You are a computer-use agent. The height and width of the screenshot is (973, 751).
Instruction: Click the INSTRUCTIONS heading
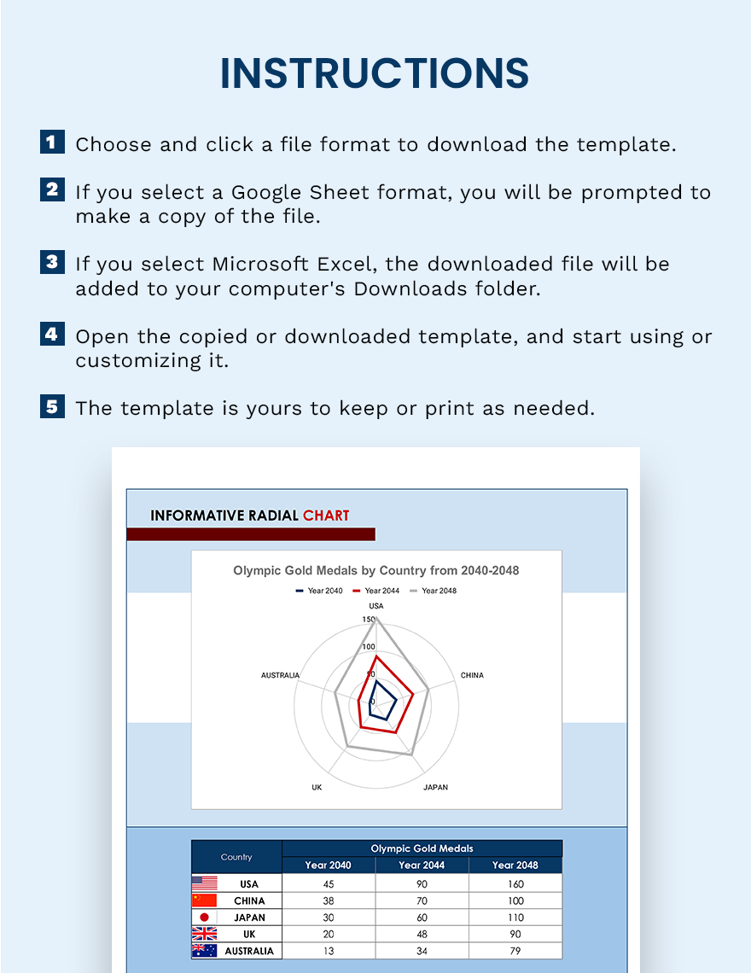[375, 73]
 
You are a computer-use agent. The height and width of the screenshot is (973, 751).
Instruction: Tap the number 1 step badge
[52, 142]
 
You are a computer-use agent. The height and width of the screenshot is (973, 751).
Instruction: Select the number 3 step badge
[52, 262]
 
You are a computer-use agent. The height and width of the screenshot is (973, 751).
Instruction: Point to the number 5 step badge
[52, 405]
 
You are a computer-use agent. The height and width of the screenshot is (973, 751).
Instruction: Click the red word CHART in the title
[326, 516]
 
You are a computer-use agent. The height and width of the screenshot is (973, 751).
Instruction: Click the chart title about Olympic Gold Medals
[375, 570]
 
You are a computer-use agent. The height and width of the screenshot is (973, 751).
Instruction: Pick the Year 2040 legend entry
[319, 591]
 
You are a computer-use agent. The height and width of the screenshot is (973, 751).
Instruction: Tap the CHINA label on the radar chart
[472, 675]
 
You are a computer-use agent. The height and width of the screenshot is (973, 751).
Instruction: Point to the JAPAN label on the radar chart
[435, 787]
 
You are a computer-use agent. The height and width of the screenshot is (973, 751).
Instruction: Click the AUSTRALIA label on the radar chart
[280, 675]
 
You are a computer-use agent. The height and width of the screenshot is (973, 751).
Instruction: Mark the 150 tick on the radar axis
[369, 620]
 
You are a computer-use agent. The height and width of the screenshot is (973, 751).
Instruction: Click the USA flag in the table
[205, 883]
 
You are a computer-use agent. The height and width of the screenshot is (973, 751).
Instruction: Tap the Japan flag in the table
[205, 918]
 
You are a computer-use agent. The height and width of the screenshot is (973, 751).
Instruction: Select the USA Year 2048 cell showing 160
[515, 883]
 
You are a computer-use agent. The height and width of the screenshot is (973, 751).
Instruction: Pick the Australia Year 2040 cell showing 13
[328, 951]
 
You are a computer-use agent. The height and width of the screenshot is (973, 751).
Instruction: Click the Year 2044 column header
[422, 865]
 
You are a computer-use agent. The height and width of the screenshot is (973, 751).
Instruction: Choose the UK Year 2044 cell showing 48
[422, 934]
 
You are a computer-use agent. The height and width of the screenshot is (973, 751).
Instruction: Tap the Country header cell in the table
[236, 857]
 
